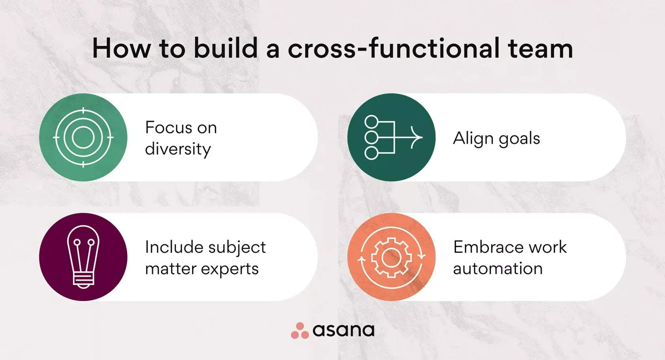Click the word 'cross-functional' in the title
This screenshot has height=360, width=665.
pyautogui.click(x=393, y=49)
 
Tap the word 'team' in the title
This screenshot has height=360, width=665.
pyautogui.click(x=540, y=49)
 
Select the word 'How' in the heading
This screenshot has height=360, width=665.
pyautogui.click(x=121, y=49)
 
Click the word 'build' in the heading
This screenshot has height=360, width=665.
pyautogui.click(x=226, y=49)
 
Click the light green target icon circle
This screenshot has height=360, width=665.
pyautogui.click(x=83, y=137)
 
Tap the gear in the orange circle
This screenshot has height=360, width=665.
pyautogui.click(x=391, y=258)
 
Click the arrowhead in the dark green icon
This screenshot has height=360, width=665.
pyautogui.click(x=416, y=137)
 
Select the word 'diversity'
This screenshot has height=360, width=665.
pyautogui.click(x=178, y=149)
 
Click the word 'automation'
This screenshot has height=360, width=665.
pyautogui.click(x=498, y=269)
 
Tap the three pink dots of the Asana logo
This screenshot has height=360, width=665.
pyautogui.click(x=300, y=331)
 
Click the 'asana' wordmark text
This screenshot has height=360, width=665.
pyautogui.click(x=343, y=330)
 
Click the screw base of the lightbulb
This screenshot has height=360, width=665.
pyautogui.click(x=83, y=279)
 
